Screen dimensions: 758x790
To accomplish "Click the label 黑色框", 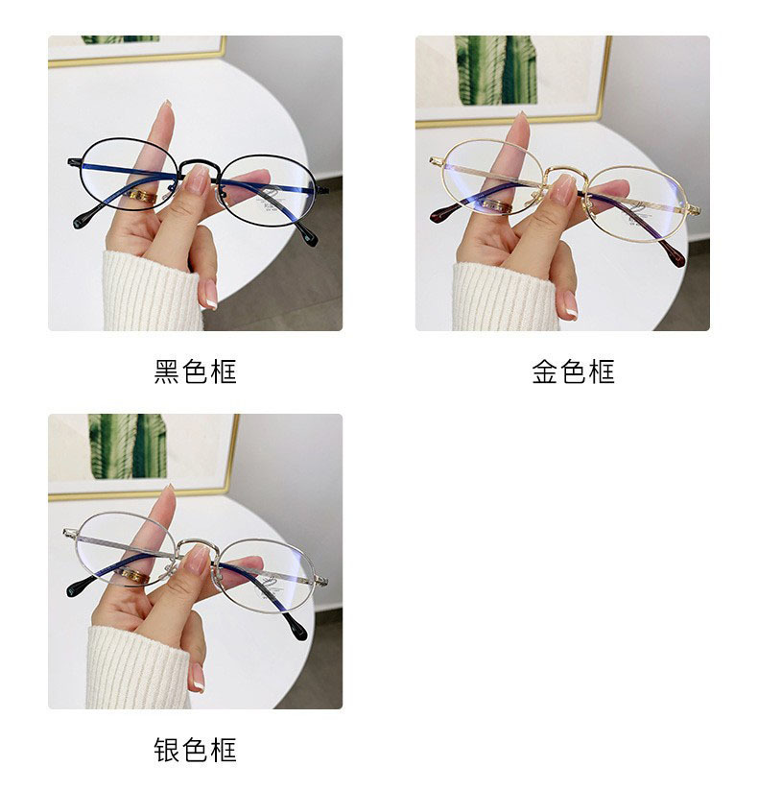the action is pos(195,371).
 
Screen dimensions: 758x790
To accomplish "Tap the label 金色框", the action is pos(573,371).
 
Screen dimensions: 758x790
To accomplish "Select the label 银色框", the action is pos(195,750).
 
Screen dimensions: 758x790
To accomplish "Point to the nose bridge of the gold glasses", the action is pos(567,169).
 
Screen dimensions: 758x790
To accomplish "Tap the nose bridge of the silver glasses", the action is pos(198,542).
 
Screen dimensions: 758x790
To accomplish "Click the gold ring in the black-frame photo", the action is pos(143,197).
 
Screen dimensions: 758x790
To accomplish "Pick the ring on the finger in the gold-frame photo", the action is pos(497,205).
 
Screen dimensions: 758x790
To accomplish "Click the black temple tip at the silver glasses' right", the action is pos(296,627).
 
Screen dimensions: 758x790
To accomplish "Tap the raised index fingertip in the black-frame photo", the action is pos(165,107).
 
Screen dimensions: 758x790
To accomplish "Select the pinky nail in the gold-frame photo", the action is pos(570,305).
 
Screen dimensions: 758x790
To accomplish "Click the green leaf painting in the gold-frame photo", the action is pos(496,70).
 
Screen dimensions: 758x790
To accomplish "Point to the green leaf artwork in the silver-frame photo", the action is pos(128,446).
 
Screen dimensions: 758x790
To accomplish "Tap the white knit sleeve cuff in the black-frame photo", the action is pos(153,291).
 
